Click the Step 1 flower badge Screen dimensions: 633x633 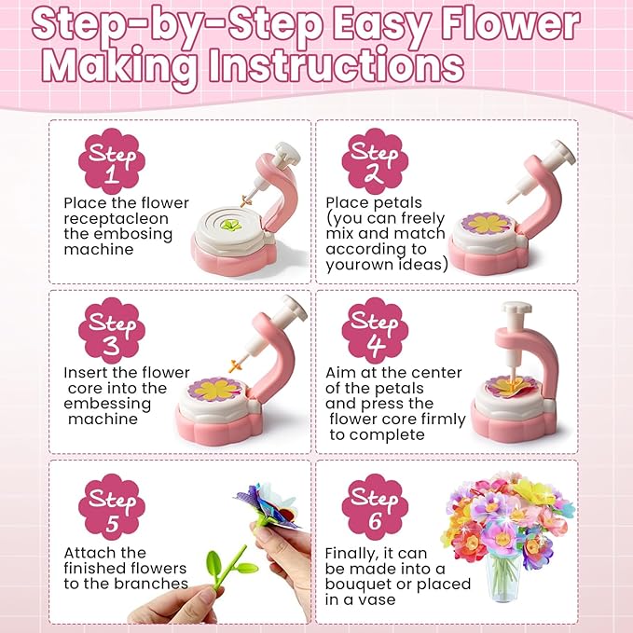point(112,161)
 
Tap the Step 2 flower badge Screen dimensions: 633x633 point(375,161)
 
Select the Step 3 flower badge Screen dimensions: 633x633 point(112,331)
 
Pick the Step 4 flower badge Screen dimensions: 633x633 point(375,331)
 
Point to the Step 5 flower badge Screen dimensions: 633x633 point(112,507)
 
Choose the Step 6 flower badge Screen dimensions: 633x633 point(375,507)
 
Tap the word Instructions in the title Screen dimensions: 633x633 point(336,64)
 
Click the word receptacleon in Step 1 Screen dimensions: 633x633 point(116,219)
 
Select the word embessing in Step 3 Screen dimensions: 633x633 point(107,404)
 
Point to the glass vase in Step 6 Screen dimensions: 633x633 point(502,578)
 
